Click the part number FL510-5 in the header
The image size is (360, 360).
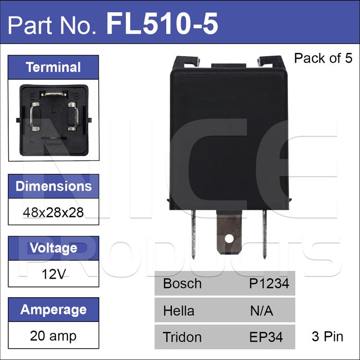click(x=162, y=24)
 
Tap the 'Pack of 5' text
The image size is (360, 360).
click(x=323, y=58)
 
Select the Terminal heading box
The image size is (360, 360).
click(x=53, y=67)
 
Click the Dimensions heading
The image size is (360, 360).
click(x=53, y=186)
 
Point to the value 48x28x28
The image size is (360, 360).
click(x=53, y=212)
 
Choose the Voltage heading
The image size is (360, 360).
click(x=53, y=248)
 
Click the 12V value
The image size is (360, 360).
click(x=53, y=274)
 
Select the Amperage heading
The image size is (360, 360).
click(x=53, y=310)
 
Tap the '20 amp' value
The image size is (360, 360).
click(x=53, y=336)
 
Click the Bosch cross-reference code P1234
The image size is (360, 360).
click(x=269, y=283)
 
